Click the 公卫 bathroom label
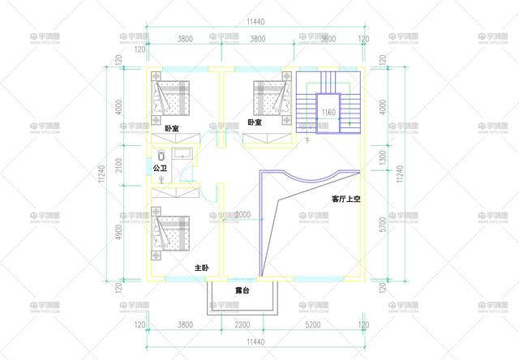[x=160, y=169]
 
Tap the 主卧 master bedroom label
[x=202, y=268]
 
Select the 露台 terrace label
[x=242, y=290]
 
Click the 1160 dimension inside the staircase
[x=328, y=112]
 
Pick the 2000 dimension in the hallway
[x=242, y=215]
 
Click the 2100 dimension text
[x=118, y=166]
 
